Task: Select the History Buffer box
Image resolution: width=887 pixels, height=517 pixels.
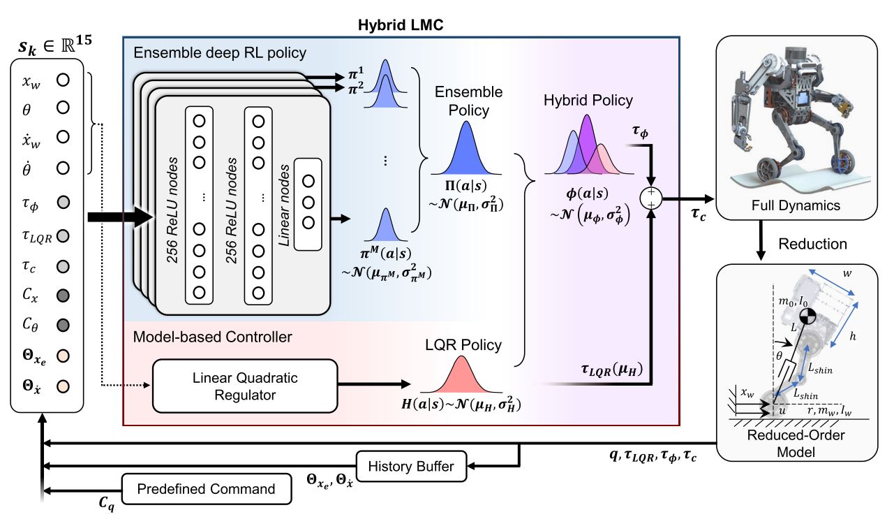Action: click(411, 466)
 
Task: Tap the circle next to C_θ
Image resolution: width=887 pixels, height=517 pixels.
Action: click(63, 325)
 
